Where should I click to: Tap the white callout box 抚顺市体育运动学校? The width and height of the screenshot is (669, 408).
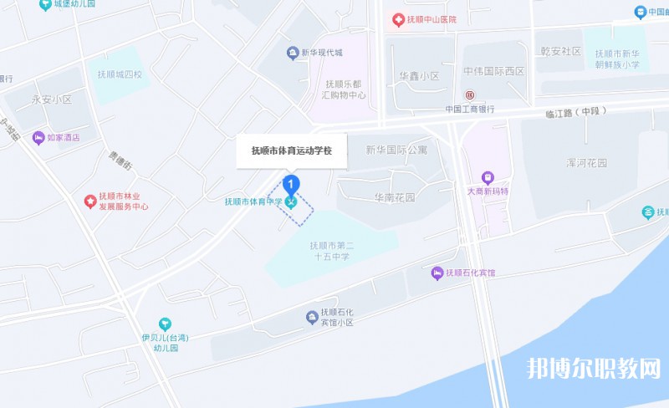292,151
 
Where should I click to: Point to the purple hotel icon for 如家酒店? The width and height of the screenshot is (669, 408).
38,137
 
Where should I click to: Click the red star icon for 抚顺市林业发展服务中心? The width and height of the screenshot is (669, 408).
90,201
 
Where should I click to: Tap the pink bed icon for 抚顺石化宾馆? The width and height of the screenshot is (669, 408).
437,273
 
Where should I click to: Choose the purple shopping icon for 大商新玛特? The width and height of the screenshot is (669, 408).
488,177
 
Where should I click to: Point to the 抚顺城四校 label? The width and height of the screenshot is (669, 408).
120,74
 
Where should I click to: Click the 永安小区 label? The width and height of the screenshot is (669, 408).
52,99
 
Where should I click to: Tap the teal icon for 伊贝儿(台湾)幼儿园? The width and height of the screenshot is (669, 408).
165,324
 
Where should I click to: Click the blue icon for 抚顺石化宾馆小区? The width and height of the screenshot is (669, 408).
311,315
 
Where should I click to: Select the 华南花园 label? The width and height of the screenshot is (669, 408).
395,198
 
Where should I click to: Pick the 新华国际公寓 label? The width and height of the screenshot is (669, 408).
396,150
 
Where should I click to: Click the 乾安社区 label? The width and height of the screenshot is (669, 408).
560,51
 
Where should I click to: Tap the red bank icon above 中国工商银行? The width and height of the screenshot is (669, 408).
470,95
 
